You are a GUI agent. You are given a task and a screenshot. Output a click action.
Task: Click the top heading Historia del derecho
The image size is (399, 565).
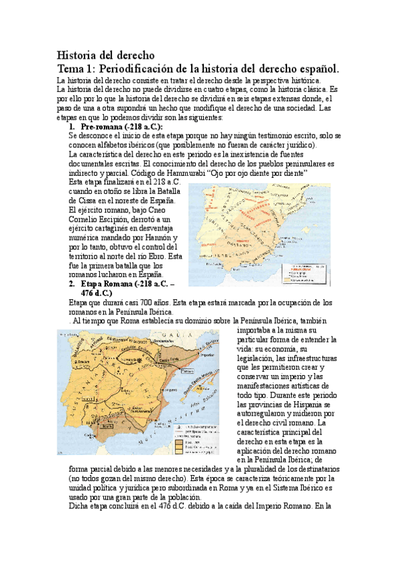(x=105, y=55)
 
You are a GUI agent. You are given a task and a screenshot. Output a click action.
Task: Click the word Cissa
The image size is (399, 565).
(x=81, y=201)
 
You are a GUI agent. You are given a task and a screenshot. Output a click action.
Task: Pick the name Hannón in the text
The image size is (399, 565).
(x=161, y=238)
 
